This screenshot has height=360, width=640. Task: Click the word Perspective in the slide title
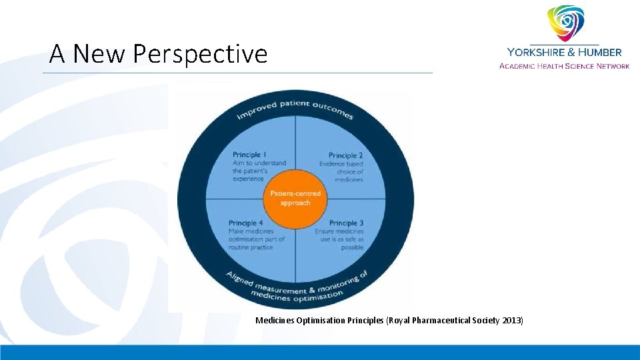pyautogui.click(x=200, y=54)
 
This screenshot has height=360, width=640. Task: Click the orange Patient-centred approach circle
pyautogui.click(x=295, y=198)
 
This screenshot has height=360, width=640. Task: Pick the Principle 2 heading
pyautogui.click(x=345, y=155)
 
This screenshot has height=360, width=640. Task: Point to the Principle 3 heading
pyautogui.click(x=346, y=223)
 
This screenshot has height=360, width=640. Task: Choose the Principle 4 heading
pyautogui.click(x=245, y=223)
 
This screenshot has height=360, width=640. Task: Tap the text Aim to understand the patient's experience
pyautogui.click(x=259, y=171)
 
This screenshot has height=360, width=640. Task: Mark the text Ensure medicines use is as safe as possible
pyautogui.click(x=340, y=239)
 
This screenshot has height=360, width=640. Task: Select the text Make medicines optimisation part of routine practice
pyautogui.click(x=256, y=239)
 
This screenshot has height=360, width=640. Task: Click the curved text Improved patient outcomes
pyautogui.click(x=295, y=108)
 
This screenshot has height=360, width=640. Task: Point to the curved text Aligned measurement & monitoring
pyautogui.click(x=295, y=284)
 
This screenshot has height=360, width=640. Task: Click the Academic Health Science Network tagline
pyautogui.click(x=564, y=65)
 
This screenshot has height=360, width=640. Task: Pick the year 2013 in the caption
pyautogui.click(x=512, y=321)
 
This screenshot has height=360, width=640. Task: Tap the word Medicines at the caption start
pyautogui.click(x=276, y=321)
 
